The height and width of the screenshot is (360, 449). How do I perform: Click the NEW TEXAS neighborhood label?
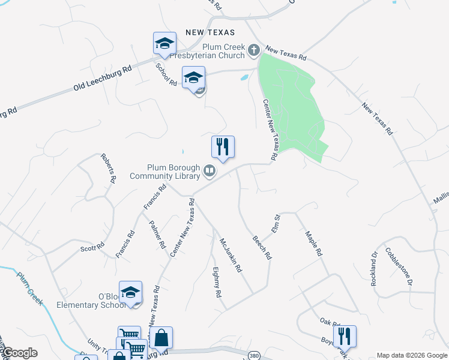pyautogui.click(x=209, y=32)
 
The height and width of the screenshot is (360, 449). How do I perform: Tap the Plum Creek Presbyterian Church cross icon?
pyautogui.click(x=254, y=49)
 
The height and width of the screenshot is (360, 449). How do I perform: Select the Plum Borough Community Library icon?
pyautogui.click(x=209, y=171)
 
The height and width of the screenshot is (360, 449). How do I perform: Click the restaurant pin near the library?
pyautogui.click(x=223, y=146)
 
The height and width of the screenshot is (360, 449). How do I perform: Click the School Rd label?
pyautogui.click(x=166, y=76)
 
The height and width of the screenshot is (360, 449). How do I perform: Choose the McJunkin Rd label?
pyautogui.click(x=230, y=255)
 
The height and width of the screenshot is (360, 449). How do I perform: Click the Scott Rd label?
pyautogui.click(x=93, y=247)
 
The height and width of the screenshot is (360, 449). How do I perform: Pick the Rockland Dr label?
pyautogui.click(x=376, y=264)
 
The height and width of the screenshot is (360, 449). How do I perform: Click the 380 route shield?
pyautogui.click(x=254, y=355)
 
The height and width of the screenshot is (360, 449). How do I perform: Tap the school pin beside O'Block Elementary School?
pyautogui.click(x=130, y=292)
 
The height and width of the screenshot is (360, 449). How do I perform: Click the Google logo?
pyautogui.click(x=19, y=353)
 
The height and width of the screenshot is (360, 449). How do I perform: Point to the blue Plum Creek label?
pyautogui.click(x=30, y=289)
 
